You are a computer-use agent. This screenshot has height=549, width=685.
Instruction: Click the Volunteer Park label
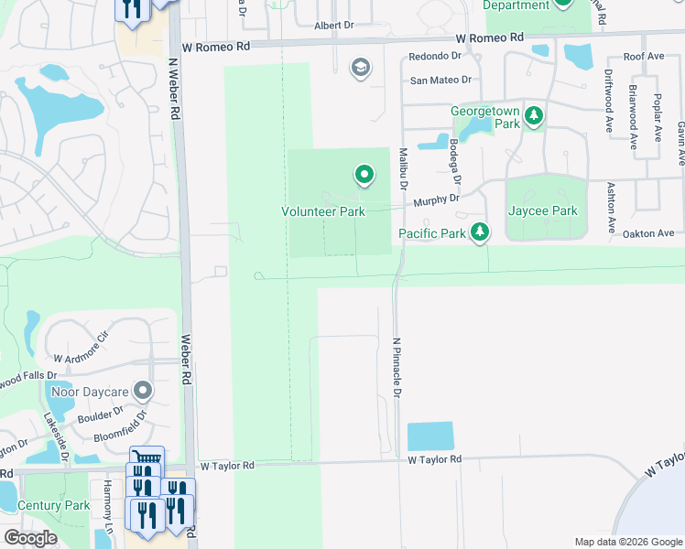click(322, 211)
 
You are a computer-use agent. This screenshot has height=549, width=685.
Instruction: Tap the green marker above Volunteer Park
click(364, 174)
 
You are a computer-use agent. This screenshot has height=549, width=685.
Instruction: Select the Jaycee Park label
click(543, 210)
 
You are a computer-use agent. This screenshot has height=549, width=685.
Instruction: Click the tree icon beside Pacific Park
click(479, 232)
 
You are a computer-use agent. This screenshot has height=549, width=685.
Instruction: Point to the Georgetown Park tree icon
click(533, 117)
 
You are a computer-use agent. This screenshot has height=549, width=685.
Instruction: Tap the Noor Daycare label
click(90, 392)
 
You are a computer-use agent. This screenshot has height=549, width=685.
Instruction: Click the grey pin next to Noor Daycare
click(142, 392)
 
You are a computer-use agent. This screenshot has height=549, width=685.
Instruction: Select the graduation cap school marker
click(360, 66)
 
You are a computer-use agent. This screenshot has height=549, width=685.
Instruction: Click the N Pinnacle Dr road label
click(397, 367)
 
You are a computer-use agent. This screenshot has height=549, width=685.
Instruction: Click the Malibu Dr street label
click(402, 168)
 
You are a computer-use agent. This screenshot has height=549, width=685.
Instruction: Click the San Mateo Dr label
click(440, 81)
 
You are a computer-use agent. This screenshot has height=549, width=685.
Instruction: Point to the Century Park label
click(53, 505)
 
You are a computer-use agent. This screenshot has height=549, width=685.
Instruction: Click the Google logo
click(30, 538)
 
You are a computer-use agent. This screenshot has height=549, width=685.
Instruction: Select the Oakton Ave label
click(647, 233)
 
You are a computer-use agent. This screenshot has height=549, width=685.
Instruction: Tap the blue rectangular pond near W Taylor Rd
click(429, 436)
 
